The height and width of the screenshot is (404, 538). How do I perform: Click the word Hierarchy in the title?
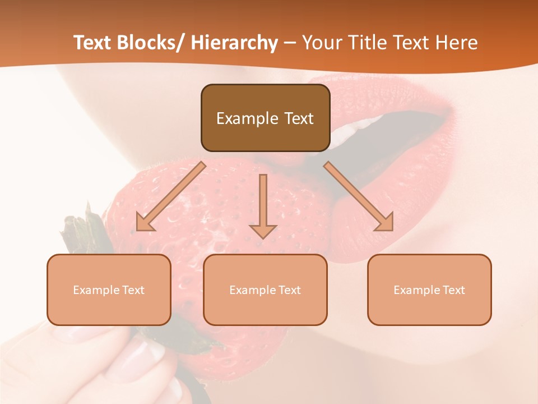(x=234, y=43)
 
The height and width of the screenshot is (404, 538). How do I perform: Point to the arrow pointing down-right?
(x=359, y=196)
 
